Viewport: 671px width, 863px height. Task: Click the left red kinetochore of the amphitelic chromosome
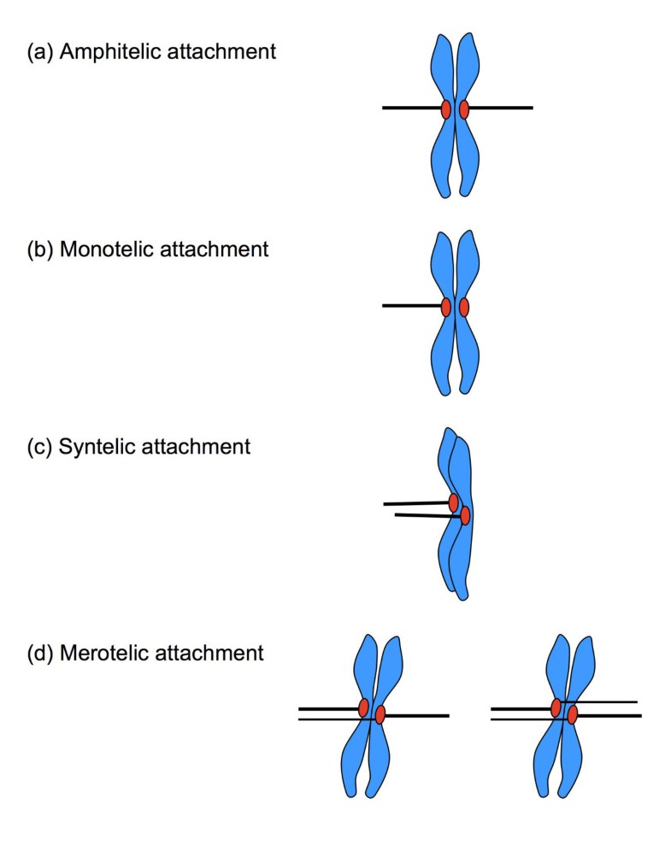pos(446,109)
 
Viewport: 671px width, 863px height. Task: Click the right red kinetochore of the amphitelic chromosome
pos(464,109)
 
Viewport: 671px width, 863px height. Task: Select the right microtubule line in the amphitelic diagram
pos(501,109)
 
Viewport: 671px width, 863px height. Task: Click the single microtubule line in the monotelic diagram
pos(412,306)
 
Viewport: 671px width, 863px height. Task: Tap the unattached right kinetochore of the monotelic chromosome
pos(464,307)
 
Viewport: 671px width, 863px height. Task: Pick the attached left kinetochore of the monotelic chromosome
pos(446,307)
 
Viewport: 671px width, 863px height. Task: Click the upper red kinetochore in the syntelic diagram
pos(454,502)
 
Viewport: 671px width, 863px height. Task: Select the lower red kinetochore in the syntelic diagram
pos(465,515)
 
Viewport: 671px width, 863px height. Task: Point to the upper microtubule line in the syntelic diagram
pos(416,504)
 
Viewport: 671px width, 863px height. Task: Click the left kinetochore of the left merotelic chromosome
pos(363,707)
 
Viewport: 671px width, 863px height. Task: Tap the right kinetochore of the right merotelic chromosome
pos(573,714)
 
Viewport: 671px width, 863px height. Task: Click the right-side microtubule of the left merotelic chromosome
pos(417,715)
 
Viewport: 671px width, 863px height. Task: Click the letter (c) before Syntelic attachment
pos(39,446)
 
